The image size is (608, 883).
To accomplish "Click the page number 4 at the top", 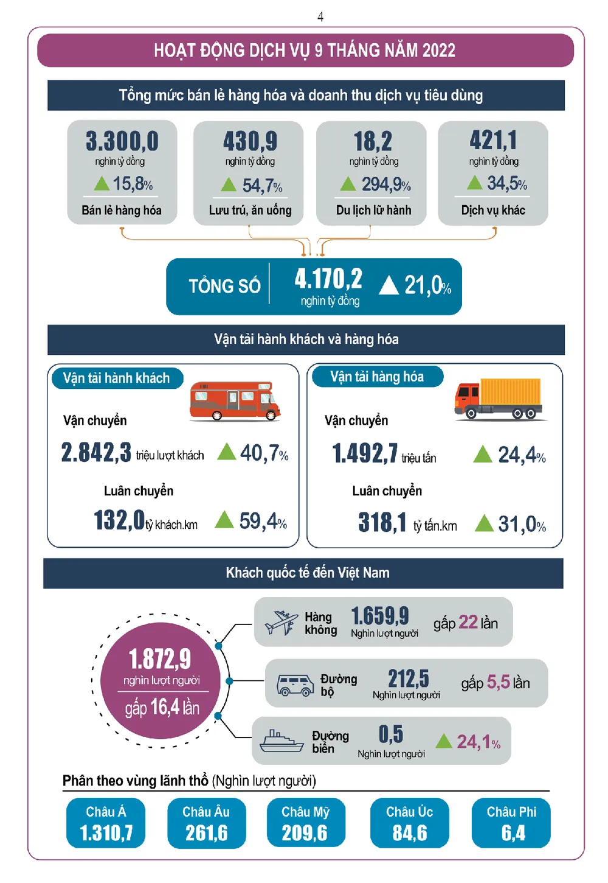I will tap(320, 16).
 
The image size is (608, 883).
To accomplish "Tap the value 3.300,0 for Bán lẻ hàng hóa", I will tap(122, 141).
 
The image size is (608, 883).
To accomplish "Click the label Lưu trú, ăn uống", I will tap(250, 211).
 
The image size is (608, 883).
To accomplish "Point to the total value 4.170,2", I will tap(328, 279).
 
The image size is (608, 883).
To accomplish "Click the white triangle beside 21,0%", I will tap(389, 285).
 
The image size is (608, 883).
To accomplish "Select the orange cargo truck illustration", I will tap(499, 399).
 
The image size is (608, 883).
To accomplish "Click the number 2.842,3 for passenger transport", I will tap(96, 453).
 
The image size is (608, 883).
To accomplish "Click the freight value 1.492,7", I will tap(365, 454).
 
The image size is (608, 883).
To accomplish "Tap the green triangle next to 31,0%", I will tap(484, 523).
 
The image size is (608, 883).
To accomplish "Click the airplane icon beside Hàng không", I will tap(281, 623).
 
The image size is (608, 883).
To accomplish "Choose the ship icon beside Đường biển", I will tap(281, 741).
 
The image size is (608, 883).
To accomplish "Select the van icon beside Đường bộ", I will tap(295, 685).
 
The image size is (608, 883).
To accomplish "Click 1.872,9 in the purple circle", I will tap(160, 658).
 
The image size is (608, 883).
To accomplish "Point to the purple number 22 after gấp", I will tap(468, 622).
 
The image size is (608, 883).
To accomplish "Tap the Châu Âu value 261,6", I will tap(207, 832).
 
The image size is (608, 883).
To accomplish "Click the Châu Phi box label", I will tap(511, 812).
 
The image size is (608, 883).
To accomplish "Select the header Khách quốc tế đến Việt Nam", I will tap(308, 573).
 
